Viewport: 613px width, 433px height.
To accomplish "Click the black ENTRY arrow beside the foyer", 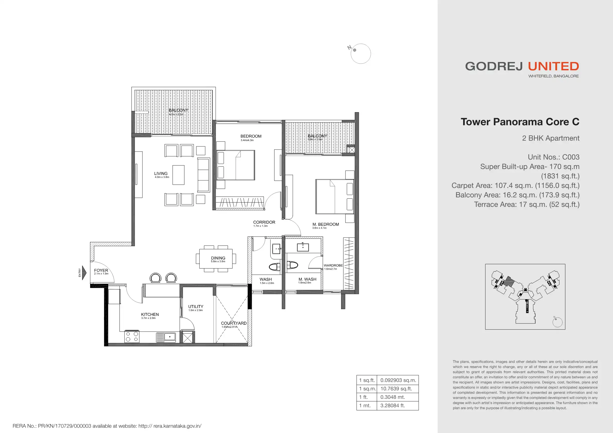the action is click(x=84, y=273).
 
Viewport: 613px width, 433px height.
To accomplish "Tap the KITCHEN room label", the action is click(x=150, y=315).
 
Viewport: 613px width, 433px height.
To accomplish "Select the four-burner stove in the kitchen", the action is click(x=132, y=337).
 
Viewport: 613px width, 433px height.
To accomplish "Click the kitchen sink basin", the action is click(x=170, y=337).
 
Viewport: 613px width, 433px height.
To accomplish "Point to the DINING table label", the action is click(x=218, y=258).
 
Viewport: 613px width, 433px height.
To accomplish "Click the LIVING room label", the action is click(x=161, y=173).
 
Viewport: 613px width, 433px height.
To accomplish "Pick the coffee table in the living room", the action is click(x=178, y=175).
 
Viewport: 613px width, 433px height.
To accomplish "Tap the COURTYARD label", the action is click(x=234, y=323).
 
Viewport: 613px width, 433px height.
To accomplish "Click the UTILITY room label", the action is click(x=196, y=306).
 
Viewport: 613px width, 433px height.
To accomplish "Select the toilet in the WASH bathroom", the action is click(x=274, y=266).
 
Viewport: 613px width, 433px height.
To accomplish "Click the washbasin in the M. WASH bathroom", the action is click(x=303, y=247).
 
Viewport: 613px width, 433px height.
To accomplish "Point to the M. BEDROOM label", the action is click(x=326, y=224).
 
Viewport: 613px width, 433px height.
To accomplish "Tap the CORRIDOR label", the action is click(x=264, y=222).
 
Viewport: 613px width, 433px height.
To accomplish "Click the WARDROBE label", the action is click(x=333, y=266).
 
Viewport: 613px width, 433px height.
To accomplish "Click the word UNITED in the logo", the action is click(x=554, y=66).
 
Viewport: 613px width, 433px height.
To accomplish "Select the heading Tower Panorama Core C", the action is click(x=520, y=122).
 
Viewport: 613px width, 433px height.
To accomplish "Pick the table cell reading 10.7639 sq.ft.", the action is click(x=398, y=389).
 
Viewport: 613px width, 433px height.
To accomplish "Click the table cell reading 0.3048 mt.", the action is click(x=398, y=397).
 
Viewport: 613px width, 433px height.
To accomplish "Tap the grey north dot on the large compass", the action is click(x=355, y=50).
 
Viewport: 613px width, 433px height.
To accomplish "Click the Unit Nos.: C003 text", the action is click(x=554, y=157).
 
